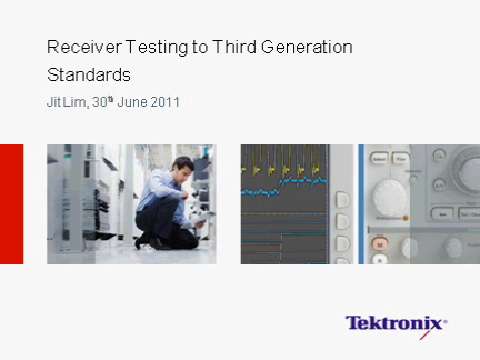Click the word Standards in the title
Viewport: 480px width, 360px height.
(x=89, y=75)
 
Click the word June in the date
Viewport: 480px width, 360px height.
(x=132, y=103)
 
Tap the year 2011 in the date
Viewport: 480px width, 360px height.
(x=165, y=103)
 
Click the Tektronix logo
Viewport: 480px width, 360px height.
(x=396, y=323)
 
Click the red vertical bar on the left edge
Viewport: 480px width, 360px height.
(x=11, y=204)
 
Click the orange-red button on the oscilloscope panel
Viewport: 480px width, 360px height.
(x=379, y=243)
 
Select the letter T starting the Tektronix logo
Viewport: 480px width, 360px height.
(x=353, y=323)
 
